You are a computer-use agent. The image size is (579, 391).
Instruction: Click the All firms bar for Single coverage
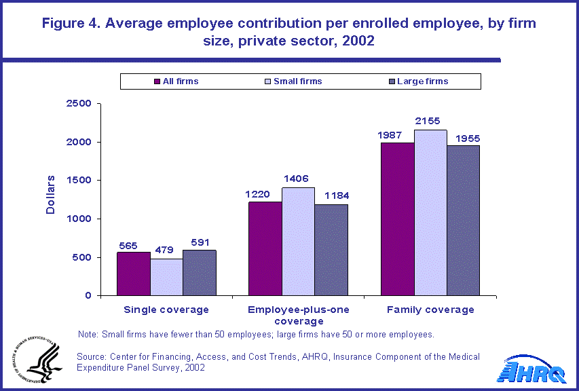click(x=134, y=274)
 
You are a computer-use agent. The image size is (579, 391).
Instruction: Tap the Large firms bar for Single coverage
click(x=199, y=273)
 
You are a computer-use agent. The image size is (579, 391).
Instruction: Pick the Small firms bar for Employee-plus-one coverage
click(x=298, y=241)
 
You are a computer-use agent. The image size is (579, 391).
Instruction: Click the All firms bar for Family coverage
click(x=397, y=219)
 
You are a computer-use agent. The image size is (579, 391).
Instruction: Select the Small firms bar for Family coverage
click(x=430, y=212)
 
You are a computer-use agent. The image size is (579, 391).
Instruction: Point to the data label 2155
click(x=430, y=121)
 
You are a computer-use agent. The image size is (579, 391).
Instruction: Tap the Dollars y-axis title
click(x=50, y=196)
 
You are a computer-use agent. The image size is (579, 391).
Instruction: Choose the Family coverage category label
click(x=430, y=310)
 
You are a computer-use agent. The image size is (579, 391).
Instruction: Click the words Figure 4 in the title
click(x=72, y=23)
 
